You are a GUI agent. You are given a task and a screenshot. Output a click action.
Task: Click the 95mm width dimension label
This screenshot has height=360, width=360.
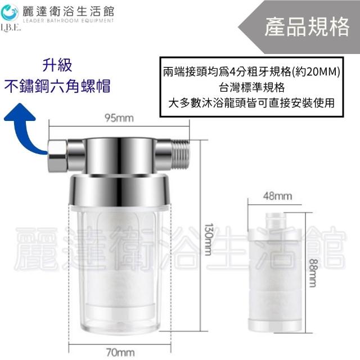[x=119, y=118]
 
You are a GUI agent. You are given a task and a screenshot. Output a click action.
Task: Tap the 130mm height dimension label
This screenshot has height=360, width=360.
[x=208, y=239]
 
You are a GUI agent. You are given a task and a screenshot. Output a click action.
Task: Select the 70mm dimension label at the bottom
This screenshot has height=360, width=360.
[x=120, y=352]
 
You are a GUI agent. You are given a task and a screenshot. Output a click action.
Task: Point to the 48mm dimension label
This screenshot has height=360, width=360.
[x=277, y=196]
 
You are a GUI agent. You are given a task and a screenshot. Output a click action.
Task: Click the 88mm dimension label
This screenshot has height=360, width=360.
[x=312, y=273]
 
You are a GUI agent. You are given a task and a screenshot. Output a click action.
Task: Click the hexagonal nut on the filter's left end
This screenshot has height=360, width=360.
[x=57, y=157]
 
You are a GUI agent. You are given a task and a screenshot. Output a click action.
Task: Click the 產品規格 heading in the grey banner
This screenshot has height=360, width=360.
[x=307, y=27]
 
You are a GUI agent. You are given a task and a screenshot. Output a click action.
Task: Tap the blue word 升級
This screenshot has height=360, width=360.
[x=57, y=65]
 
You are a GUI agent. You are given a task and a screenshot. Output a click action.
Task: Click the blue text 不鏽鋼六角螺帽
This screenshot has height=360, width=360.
[x=57, y=86]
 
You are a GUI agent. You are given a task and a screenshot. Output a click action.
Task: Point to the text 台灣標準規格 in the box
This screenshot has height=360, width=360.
[x=251, y=88]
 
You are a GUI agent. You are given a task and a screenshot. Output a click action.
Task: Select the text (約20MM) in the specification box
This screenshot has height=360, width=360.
[x=316, y=72]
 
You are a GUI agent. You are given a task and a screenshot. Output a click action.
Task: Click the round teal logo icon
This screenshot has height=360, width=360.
[x=10, y=12]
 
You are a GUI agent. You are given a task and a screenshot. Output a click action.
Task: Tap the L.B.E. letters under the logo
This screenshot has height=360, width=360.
[x=11, y=28]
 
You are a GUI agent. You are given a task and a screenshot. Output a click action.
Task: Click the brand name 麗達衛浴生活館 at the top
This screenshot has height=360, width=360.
[x=68, y=11]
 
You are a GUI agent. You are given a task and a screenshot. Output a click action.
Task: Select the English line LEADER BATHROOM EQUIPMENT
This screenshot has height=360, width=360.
[x=68, y=21]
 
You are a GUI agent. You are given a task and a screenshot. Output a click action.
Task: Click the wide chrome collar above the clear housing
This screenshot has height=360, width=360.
[x=120, y=190]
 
